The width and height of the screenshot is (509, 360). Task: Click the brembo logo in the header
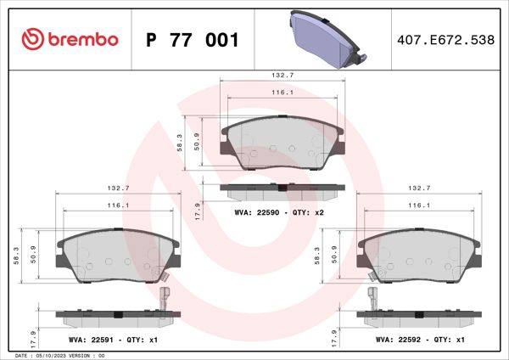[x=66, y=39]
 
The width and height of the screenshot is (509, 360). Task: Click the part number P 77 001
[x=193, y=40]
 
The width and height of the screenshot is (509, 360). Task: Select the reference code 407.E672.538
[x=445, y=40]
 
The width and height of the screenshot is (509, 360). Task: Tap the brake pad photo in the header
[x=327, y=39]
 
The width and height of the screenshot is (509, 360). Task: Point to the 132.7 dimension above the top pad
[x=282, y=75]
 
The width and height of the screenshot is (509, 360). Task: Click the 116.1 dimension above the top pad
[x=282, y=93]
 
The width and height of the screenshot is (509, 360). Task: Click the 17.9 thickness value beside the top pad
[x=198, y=209]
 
